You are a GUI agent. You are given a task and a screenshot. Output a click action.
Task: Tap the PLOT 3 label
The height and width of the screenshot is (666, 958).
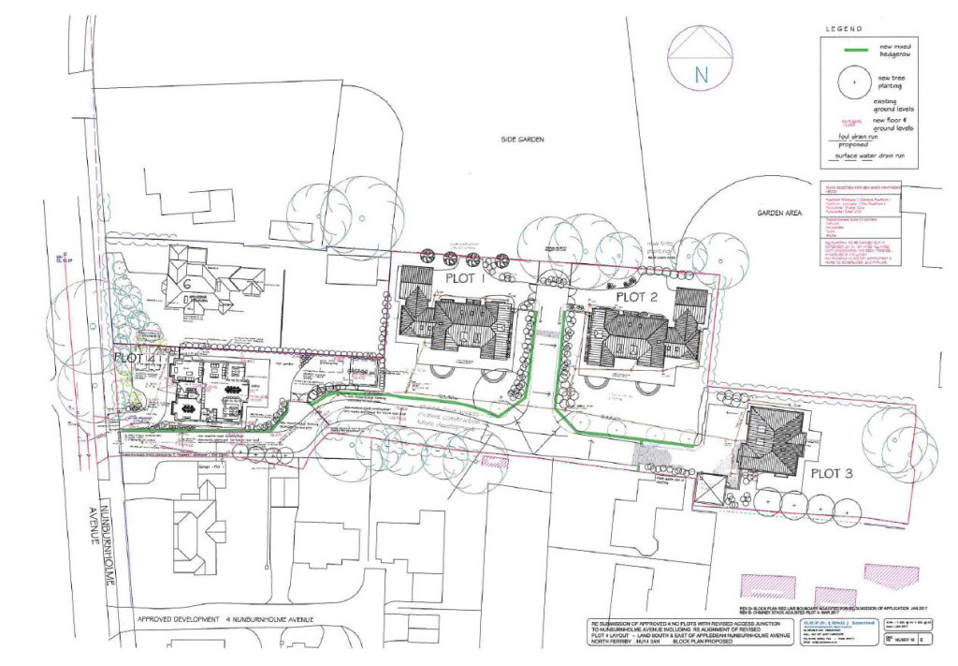pos(832,473)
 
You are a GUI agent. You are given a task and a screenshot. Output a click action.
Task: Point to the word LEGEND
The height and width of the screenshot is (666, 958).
pos(843,29)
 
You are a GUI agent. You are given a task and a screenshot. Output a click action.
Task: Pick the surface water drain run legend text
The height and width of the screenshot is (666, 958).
pos(876,154)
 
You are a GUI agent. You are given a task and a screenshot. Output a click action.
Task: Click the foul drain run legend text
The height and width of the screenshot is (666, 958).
pos(857,137)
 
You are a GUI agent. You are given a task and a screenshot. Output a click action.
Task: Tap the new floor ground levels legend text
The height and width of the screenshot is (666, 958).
pos(893,124)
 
